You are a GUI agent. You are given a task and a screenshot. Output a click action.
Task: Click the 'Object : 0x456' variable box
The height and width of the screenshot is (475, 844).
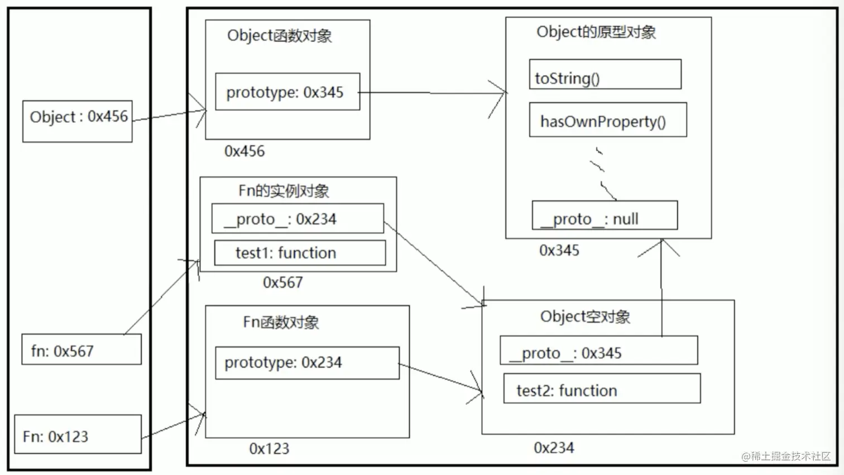tap(78, 121)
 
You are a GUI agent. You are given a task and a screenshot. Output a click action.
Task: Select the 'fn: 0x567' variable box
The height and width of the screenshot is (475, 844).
tap(81, 349)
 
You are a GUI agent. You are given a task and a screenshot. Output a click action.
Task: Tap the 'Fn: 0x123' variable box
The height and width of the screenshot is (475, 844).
tap(78, 434)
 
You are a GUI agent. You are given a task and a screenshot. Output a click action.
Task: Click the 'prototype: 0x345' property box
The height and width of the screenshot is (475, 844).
tap(287, 92)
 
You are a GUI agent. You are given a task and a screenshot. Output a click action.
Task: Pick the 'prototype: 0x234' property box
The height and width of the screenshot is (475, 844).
tap(307, 363)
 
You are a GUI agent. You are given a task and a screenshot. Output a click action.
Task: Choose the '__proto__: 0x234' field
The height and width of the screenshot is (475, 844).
tap(298, 218)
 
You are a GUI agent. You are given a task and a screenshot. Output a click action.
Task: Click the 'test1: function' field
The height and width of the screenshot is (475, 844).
tap(300, 253)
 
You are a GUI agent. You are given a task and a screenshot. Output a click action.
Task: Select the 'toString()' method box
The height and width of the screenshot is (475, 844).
tap(605, 74)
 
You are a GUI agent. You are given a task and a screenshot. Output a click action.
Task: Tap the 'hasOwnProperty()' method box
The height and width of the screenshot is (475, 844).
tap(608, 119)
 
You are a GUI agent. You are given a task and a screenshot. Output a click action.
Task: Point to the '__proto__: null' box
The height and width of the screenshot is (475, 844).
tap(605, 215)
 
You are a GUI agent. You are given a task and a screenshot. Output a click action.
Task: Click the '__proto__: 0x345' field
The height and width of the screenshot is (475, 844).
tap(598, 351)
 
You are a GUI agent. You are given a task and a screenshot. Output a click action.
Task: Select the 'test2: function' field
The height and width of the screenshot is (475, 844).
tap(602, 388)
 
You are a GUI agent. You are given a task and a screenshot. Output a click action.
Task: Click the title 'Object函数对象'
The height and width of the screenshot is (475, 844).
tap(279, 36)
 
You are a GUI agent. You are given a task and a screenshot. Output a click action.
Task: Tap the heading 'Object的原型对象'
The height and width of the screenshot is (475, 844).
tap(596, 32)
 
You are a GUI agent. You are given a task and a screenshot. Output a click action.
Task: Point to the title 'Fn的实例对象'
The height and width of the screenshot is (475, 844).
tap(284, 191)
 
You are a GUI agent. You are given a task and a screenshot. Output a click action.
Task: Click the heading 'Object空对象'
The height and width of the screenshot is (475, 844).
tap(585, 317)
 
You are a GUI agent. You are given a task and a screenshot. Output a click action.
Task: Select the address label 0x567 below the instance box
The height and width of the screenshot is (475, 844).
tap(282, 282)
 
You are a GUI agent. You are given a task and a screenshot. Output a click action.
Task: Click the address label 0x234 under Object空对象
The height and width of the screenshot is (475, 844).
tap(554, 448)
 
